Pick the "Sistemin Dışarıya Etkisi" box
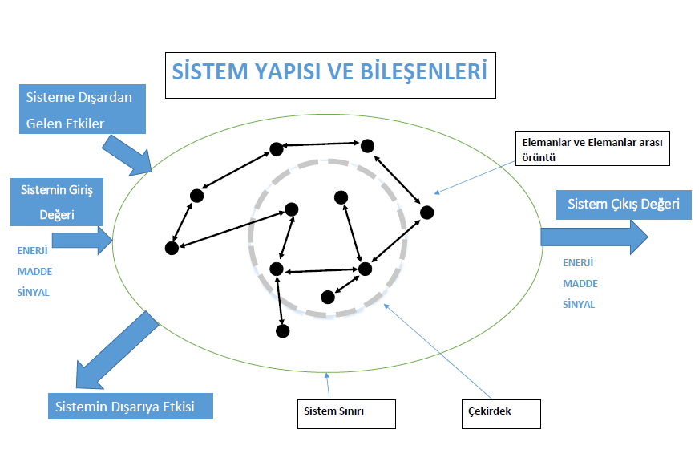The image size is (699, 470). click(x=131, y=406)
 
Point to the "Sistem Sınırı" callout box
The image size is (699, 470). click(x=346, y=412)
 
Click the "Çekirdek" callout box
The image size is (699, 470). click(x=501, y=412)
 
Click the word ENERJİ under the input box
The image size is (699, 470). click(x=33, y=250)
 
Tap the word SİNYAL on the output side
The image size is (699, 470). click(x=579, y=305)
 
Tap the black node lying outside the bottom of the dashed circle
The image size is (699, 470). click(x=282, y=330)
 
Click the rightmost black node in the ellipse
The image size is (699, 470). click(x=426, y=213)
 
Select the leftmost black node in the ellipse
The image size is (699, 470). click(x=171, y=249)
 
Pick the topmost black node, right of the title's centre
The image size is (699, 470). click(x=367, y=145)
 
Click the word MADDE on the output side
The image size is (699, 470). click(x=580, y=284)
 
